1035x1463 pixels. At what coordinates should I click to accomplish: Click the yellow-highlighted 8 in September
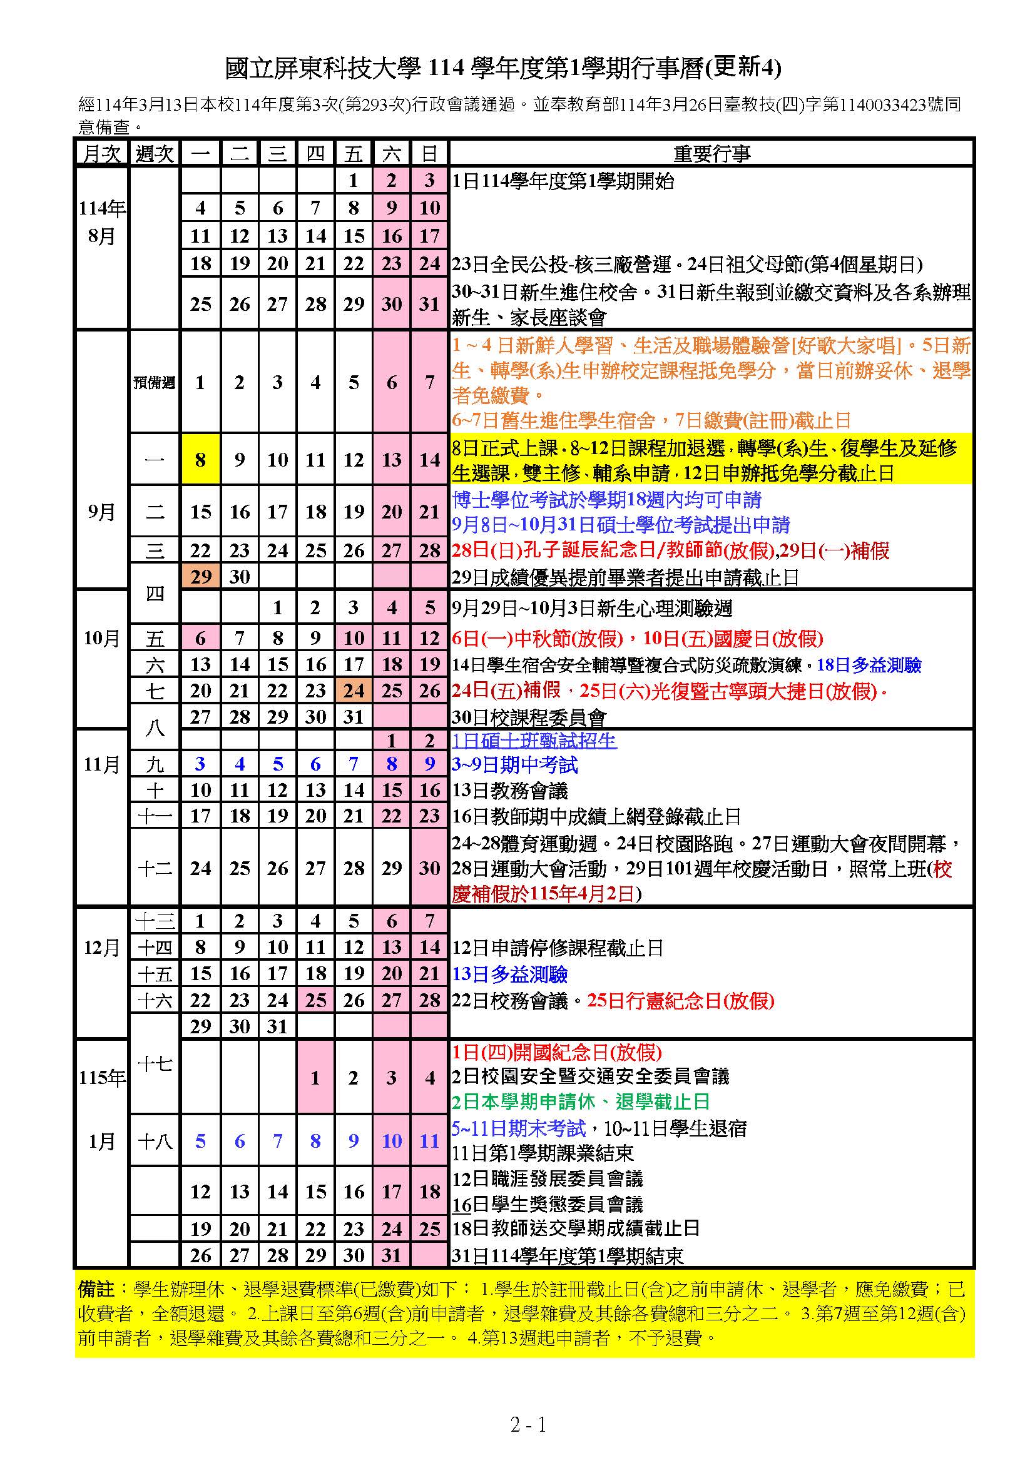point(201,460)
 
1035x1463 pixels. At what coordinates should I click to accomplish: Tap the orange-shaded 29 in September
point(201,577)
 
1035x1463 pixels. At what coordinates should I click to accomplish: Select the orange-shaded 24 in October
point(354,691)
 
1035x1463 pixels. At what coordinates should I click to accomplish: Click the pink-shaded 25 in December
point(315,1000)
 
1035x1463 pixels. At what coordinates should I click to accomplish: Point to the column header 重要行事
point(711,154)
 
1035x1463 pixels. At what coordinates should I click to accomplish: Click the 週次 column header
point(154,154)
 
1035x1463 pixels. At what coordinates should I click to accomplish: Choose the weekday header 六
point(392,154)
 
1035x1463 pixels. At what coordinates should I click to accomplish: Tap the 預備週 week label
point(154,382)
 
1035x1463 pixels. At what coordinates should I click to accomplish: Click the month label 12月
point(101,948)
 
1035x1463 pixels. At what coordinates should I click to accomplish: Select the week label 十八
point(155,1142)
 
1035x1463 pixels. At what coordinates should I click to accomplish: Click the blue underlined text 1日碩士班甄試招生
point(534,741)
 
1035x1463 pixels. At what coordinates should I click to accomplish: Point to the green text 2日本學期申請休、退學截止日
point(581,1101)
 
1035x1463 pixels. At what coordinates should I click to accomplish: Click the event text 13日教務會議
point(510,791)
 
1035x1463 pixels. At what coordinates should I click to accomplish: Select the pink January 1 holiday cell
point(315,1078)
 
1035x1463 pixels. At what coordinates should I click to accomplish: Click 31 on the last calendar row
point(392,1255)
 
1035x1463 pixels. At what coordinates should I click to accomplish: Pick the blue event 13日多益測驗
point(510,974)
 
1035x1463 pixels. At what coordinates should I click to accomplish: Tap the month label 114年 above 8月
point(102,208)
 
